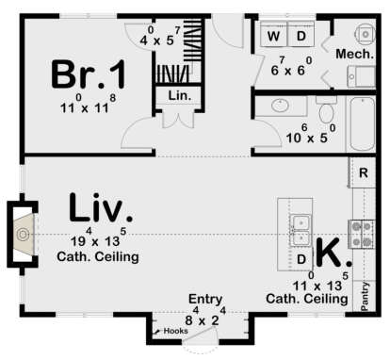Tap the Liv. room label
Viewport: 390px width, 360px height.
click(100, 207)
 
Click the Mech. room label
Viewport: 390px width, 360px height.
click(357, 56)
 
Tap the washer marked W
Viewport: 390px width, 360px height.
click(275, 36)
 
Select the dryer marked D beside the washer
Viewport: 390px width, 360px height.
click(301, 36)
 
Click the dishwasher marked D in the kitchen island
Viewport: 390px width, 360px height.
click(301, 257)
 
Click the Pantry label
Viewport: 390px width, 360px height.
click(366, 294)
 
